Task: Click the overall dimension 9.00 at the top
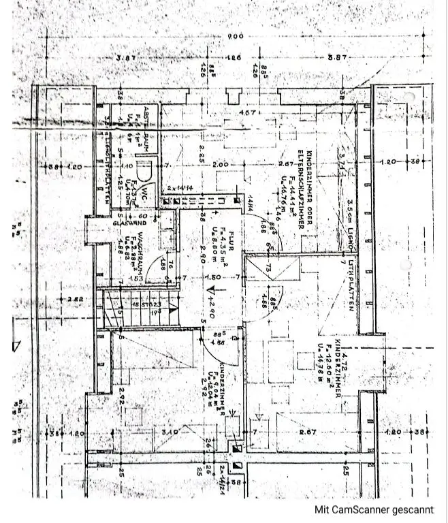tap(236, 37)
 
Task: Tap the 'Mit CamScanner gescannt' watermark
tap(373, 509)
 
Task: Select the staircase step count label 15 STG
tap(144, 304)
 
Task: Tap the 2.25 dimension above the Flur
tap(202, 155)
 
